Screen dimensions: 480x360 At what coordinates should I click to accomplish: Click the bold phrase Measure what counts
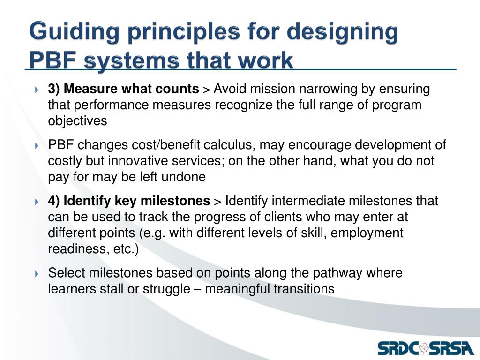131,89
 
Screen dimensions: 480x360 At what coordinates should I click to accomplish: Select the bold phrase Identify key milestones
137,201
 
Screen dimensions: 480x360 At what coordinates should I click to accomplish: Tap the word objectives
78,120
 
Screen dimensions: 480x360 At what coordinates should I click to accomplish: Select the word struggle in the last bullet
166,289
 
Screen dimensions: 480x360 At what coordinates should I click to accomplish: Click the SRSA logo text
450,348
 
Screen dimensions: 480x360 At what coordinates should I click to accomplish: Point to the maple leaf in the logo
424,347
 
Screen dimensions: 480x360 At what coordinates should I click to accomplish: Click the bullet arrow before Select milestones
37,273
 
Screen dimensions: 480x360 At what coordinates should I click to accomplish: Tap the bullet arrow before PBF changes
37,145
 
